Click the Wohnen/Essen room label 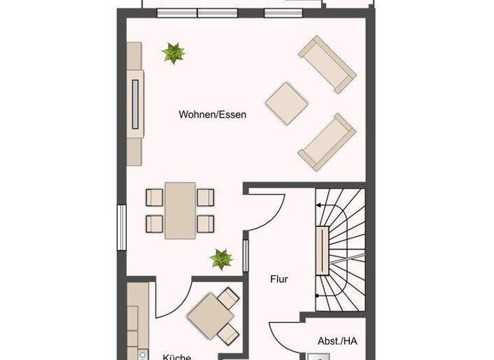pos(212,115)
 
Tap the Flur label pos(279,280)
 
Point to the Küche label pos(176,355)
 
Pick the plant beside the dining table pos(221,260)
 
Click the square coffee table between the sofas pos(287,102)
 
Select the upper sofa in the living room pos(326,64)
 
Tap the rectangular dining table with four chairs pos(180,210)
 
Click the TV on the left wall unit pos(134,104)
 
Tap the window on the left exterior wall pos(120,226)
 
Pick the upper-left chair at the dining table pos(154,196)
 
